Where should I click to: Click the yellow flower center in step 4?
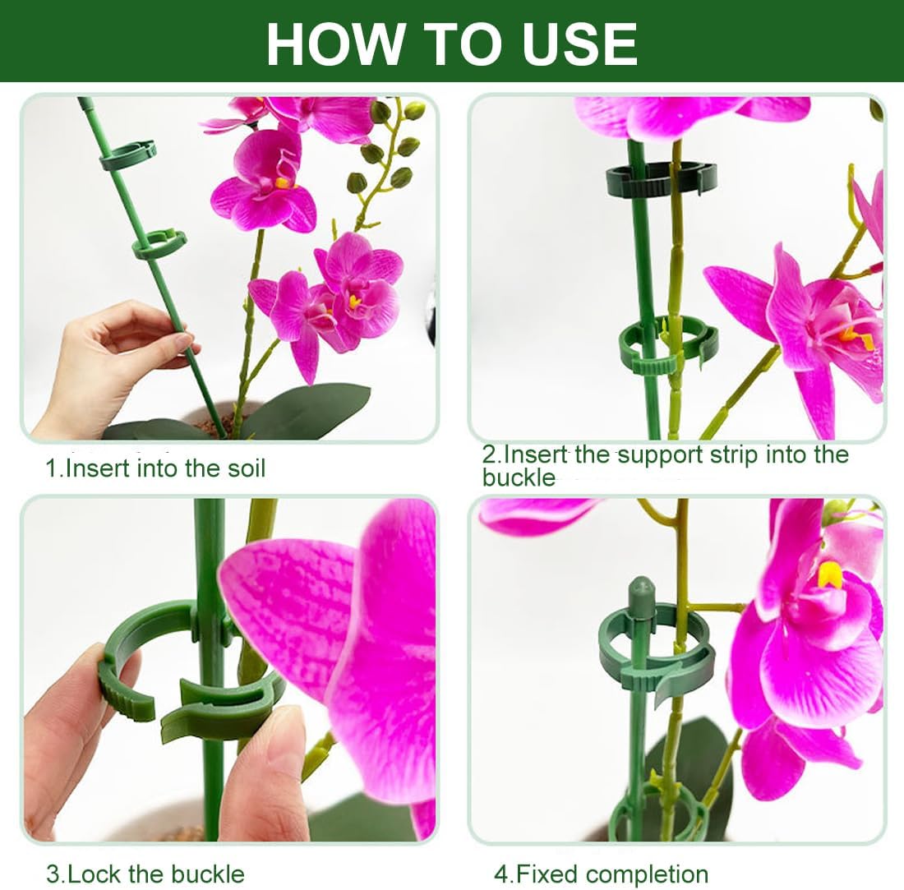pyautogui.click(x=830, y=574)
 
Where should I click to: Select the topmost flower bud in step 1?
pyautogui.click(x=414, y=109)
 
